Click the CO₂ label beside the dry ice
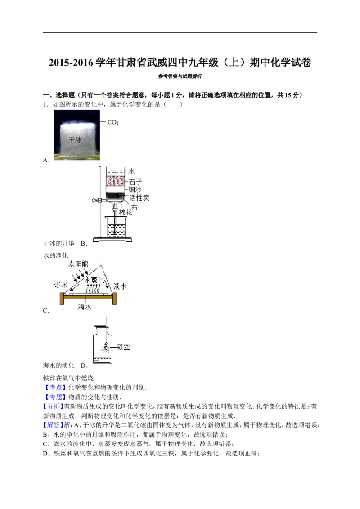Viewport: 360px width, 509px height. [112, 122]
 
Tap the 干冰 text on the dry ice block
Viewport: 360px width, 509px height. [75, 140]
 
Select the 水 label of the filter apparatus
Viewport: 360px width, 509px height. [132, 171]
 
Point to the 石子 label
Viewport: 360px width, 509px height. [135, 181]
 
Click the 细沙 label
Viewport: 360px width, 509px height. [135, 190]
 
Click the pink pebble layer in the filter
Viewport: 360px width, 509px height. [116, 182]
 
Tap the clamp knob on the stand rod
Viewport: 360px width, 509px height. [95, 201]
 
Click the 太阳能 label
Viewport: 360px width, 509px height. [78, 264]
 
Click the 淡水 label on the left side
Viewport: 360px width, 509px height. [60, 286]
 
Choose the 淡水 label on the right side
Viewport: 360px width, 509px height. [120, 286]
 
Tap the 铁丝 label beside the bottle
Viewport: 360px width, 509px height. [124, 347]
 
